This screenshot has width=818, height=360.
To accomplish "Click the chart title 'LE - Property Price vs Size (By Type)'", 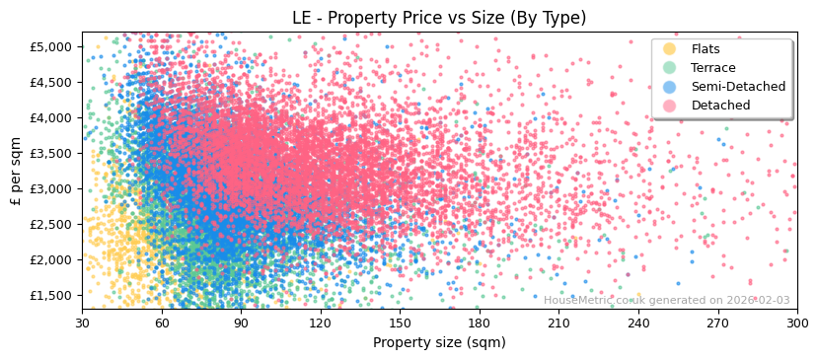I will tap(439, 18).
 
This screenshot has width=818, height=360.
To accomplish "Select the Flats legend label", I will tap(706, 49).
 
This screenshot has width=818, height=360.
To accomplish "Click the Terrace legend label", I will tap(712, 68).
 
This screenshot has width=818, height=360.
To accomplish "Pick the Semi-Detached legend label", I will tap(738, 87).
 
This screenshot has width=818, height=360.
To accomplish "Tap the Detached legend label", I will tap(720, 106).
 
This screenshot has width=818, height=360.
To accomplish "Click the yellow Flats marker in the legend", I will tap(670, 49).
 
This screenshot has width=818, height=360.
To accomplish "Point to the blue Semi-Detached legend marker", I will tap(670, 87).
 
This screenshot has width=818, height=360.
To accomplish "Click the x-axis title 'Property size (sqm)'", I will tap(439, 343).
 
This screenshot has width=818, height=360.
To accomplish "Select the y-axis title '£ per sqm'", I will tap(16, 171).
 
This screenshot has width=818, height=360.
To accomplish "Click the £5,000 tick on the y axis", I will tap(49, 46).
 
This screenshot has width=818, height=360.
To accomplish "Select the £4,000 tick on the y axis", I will tap(49, 117).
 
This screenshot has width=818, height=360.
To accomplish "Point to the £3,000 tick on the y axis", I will tap(49, 188).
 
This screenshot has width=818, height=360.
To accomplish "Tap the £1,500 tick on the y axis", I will tap(49, 295).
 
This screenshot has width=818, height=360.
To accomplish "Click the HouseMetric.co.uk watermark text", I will tap(666, 301).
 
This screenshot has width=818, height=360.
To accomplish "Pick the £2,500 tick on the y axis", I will tap(49, 224).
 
